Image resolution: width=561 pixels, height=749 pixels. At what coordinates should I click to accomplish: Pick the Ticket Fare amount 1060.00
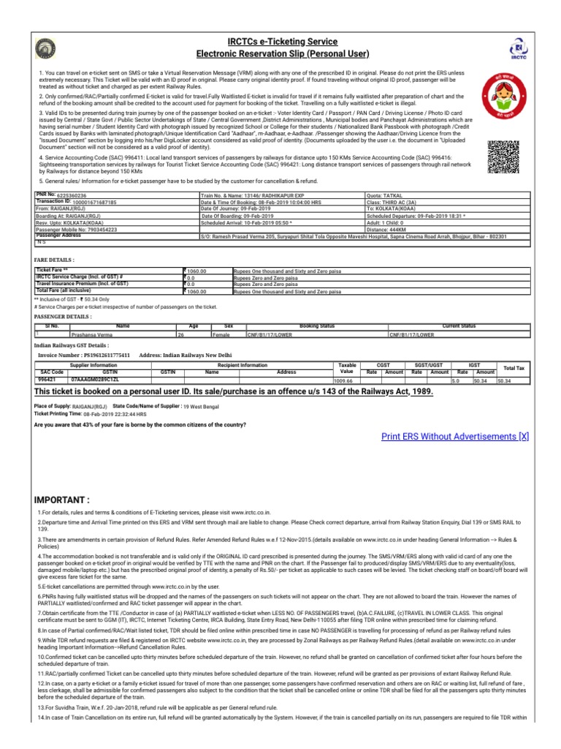(198, 271)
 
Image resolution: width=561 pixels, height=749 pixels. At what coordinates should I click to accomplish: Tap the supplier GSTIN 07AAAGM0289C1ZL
(94, 380)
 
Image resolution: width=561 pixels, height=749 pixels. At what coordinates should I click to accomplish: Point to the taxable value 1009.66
(343, 381)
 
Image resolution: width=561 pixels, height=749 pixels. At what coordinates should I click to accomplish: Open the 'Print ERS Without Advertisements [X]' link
(454, 437)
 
